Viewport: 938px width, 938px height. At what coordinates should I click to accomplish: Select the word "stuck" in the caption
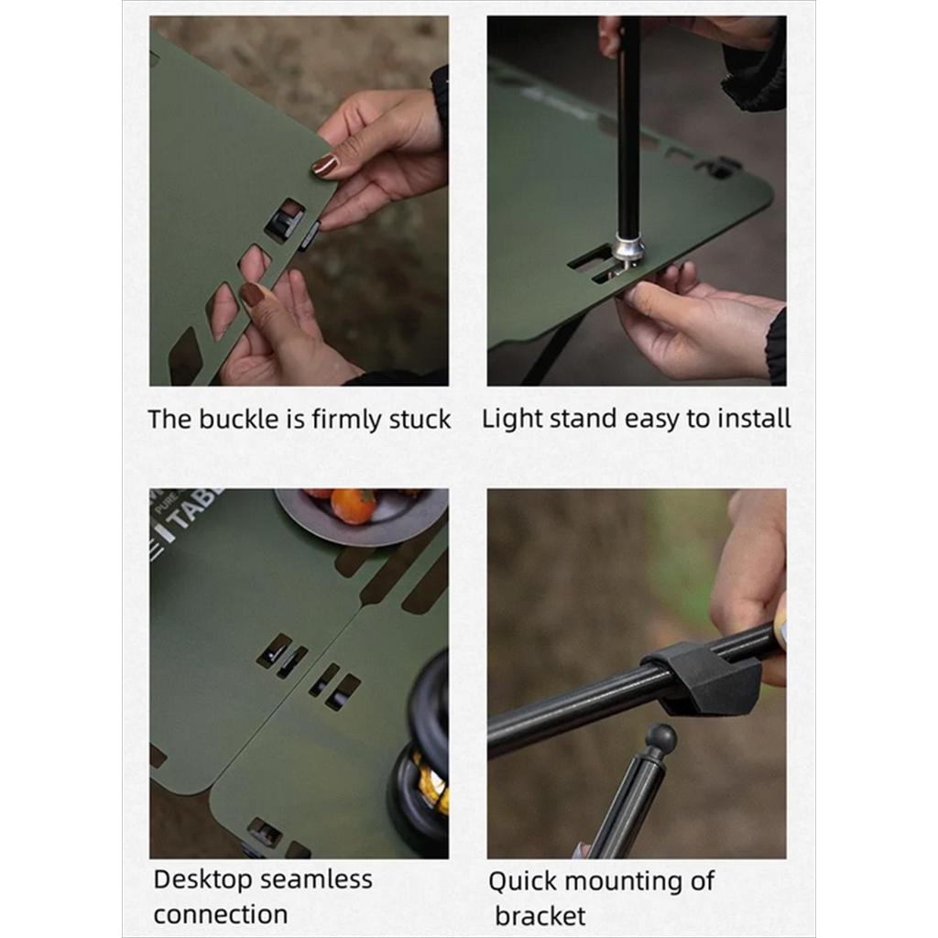click(x=420, y=419)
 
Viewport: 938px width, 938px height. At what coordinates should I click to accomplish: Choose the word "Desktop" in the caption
click(x=203, y=880)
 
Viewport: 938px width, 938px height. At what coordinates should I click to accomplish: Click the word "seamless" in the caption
click(x=316, y=879)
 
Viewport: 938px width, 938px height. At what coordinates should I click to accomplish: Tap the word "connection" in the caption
click(x=221, y=915)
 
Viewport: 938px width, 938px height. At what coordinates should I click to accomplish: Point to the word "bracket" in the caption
click(x=540, y=916)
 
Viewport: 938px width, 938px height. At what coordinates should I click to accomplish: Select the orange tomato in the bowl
click(x=353, y=506)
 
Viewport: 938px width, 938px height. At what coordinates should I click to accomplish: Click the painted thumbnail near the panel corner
click(x=325, y=165)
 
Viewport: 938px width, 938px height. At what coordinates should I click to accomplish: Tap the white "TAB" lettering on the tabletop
click(x=191, y=511)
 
